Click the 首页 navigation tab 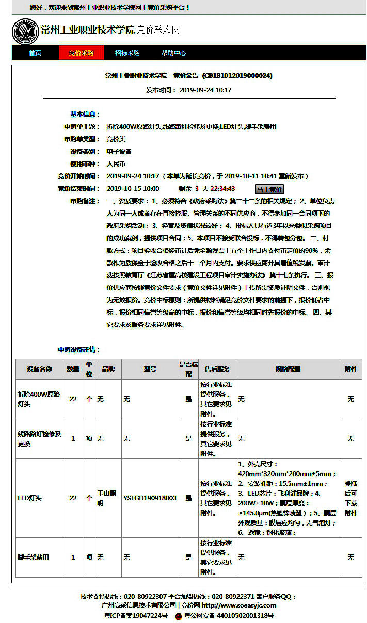coord(35,53)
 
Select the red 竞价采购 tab coord(81,53)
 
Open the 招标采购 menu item coord(127,53)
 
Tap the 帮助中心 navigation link coord(173,53)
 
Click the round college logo coord(25,31)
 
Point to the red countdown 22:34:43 coord(222,189)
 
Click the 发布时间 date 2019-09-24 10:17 coord(205,90)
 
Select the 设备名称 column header coord(39,369)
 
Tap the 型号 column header coord(150,369)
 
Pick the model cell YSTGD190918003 coord(150,498)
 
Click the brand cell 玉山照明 coord(106,498)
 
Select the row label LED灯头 coord(29,498)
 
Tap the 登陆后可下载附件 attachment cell coord(350,498)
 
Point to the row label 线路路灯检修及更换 coord(39,439)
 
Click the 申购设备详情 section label coord(78,350)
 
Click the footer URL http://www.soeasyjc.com coord(238,605)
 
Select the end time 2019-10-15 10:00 coord(133,189)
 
